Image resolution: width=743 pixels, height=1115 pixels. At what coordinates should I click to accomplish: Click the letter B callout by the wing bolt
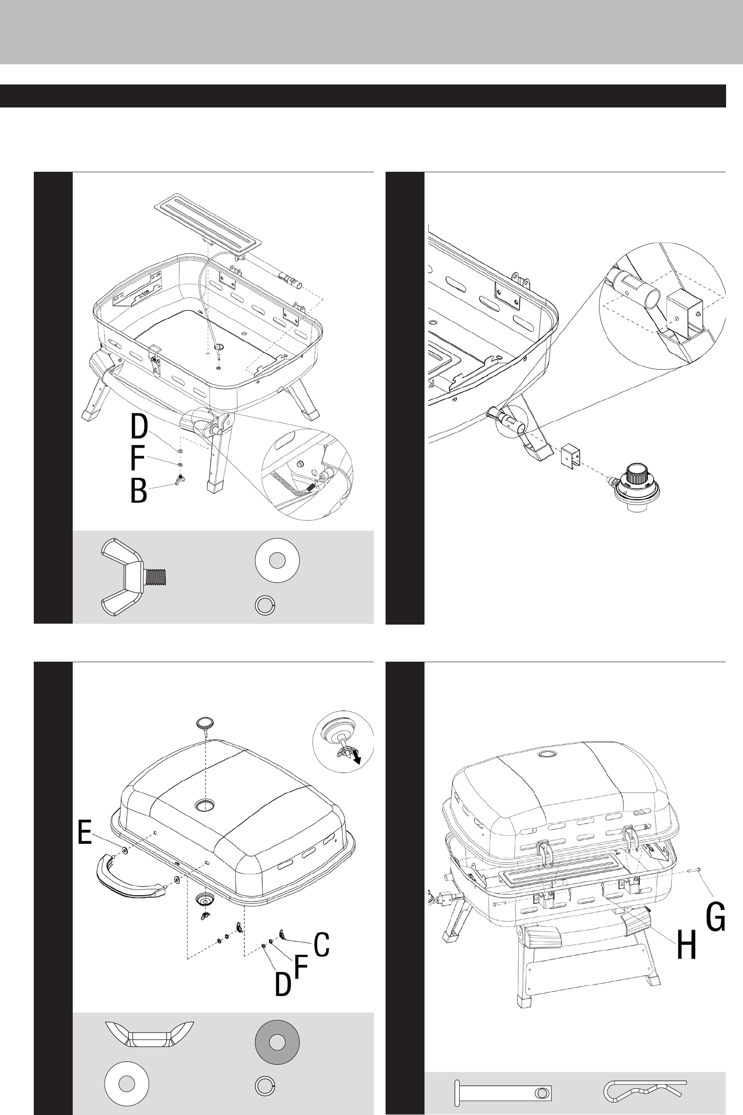[x=138, y=491]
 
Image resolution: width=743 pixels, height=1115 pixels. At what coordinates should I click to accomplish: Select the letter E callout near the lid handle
[x=85, y=832]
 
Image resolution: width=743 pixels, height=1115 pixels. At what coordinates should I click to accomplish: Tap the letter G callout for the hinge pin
[x=715, y=917]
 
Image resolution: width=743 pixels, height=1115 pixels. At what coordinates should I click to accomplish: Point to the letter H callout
[x=686, y=945]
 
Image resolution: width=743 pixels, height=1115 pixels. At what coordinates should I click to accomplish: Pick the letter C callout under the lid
[x=322, y=944]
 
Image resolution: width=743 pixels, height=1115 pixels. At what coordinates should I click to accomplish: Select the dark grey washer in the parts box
[x=277, y=1042]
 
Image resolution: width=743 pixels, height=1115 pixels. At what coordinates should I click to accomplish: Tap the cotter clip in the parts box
[x=645, y=1091]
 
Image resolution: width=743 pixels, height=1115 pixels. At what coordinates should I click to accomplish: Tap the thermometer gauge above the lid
[x=205, y=725]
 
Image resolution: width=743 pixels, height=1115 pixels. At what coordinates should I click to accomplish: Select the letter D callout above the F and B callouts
[x=139, y=427]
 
